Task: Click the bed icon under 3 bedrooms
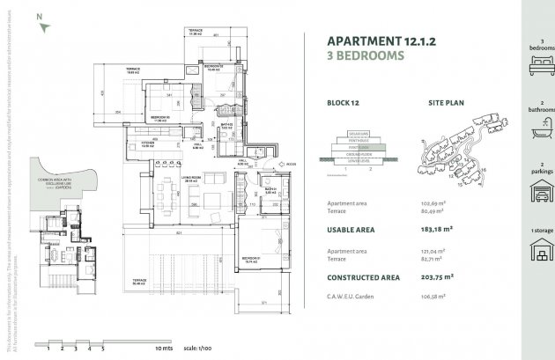[x=535, y=65]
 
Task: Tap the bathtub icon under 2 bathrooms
[x=535, y=134]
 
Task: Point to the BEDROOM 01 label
[x=252, y=259]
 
